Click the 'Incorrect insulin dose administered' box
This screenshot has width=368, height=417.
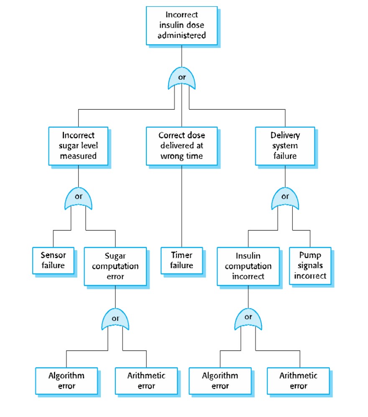(x=181, y=25)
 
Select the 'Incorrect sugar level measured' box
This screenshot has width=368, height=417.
(x=78, y=146)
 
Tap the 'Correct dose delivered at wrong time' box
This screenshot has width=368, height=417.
(x=181, y=146)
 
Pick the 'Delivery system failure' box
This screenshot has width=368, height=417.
(x=285, y=146)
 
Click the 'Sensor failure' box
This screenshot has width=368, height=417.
(x=53, y=260)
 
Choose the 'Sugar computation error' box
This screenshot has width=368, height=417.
(x=115, y=266)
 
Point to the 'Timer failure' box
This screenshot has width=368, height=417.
(x=181, y=260)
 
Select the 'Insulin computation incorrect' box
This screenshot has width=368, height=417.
(x=248, y=266)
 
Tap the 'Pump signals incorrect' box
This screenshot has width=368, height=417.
(x=310, y=265)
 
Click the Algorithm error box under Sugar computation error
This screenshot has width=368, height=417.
(x=66, y=380)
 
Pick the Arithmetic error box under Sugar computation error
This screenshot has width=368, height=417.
(x=146, y=380)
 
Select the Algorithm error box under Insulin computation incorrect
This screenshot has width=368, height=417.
(x=220, y=380)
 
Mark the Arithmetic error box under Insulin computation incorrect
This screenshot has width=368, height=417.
(x=298, y=380)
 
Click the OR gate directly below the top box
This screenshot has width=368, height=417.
(x=181, y=79)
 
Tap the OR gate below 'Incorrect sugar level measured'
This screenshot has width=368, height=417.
(x=78, y=200)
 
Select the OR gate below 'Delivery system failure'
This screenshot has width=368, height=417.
(x=285, y=200)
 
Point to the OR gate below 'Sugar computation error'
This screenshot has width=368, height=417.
(x=115, y=320)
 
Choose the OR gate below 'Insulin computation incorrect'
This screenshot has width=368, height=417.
(x=248, y=320)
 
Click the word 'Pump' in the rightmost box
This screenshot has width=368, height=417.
(x=310, y=255)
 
